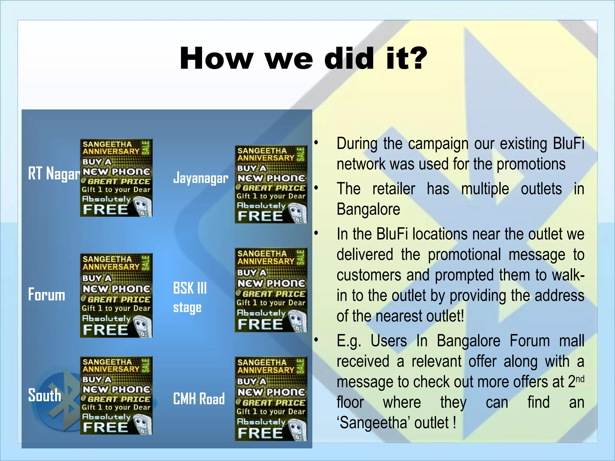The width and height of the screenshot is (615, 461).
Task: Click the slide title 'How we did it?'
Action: (303, 59)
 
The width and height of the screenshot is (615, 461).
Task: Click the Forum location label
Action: (47, 295)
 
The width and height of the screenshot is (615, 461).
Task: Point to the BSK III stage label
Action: (190, 297)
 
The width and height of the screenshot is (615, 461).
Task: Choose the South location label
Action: (45, 395)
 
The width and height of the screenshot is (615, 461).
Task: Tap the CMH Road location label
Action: (199, 399)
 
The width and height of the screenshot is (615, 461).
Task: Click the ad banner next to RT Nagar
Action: (116, 178)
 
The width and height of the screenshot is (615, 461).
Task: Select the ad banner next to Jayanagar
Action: (271, 184)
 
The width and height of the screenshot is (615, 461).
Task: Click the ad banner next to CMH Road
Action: (271, 399)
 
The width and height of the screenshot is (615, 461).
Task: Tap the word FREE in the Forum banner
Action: (105, 330)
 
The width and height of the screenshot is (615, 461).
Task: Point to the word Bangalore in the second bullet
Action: (368, 209)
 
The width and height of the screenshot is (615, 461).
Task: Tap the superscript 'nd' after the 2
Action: (580, 378)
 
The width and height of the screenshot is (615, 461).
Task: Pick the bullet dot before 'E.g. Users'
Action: (316, 340)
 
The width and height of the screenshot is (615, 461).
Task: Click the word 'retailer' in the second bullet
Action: (393, 189)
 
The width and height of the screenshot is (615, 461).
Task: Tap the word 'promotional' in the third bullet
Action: (464, 255)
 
